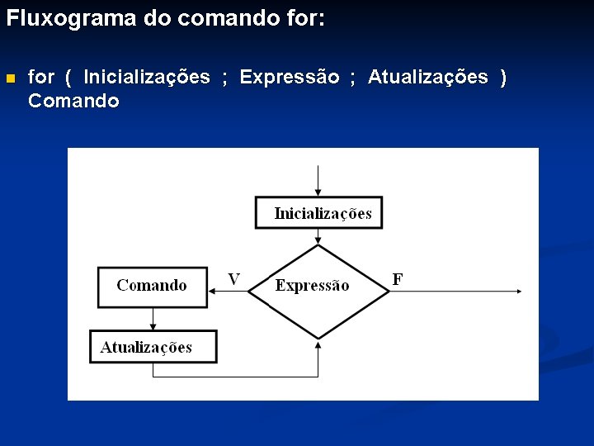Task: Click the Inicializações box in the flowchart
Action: coord(319,213)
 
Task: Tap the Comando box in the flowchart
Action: coord(152,286)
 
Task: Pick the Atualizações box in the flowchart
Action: coord(153,347)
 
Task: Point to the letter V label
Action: coord(234,279)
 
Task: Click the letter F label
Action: coord(398,279)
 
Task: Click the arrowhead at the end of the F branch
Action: coord(517,290)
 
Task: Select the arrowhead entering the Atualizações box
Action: coord(153,326)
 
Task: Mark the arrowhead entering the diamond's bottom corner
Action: coord(318,344)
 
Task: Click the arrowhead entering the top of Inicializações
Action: coord(318,192)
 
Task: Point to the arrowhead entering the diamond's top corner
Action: coord(318,240)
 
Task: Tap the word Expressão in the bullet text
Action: coord(289,78)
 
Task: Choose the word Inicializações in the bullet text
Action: coord(147,78)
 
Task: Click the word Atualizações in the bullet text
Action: coord(427,78)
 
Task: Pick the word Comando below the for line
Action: coord(73,102)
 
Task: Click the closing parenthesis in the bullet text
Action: coord(504,78)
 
